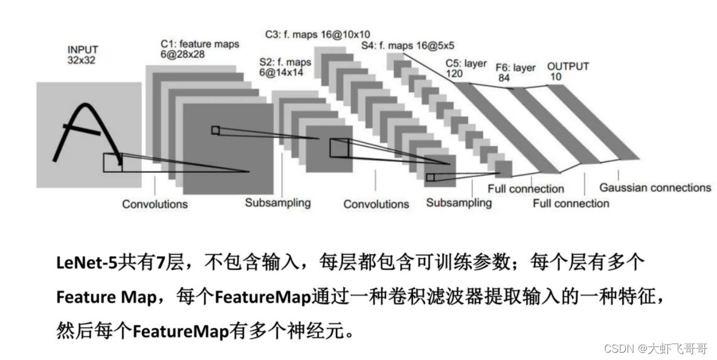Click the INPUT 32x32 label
pos(83,55)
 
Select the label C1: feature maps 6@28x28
pos(200,50)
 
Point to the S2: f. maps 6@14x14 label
pos(285,67)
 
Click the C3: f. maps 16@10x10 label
pos(318,34)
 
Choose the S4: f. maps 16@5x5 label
pos(408,45)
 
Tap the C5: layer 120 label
pos(466,68)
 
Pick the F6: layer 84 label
pos(515,72)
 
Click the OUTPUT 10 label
pos(568,71)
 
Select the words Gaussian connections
pos(655,187)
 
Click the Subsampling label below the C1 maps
pos(278,202)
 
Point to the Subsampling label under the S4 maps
pos(458,202)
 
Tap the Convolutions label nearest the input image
pos(155,204)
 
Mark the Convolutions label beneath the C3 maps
pos(376,204)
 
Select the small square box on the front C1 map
pos(216,130)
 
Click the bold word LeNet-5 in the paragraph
pos(87,263)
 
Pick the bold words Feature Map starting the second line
pos(106,297)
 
